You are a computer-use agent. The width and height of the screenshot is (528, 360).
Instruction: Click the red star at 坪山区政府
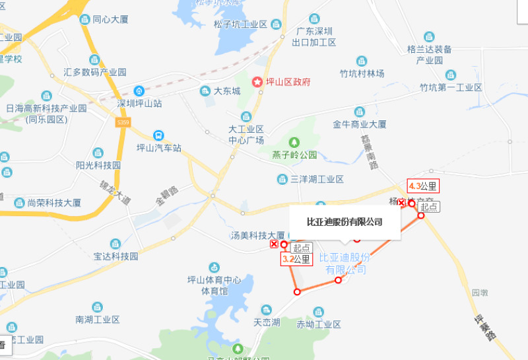(256, 82)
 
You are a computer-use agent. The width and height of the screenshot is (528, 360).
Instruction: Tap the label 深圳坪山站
(139, 103)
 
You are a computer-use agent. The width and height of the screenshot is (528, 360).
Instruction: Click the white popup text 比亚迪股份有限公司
(345, 221)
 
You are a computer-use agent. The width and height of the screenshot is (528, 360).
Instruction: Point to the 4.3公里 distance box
(423, 186)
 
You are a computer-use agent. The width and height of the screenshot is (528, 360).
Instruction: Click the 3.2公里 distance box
(296, 260)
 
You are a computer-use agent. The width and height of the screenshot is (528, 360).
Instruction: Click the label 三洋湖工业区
(317, 179)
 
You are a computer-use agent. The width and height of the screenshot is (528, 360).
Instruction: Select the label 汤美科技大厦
(257, 235)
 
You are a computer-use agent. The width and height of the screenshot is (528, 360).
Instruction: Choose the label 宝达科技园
(115, 256)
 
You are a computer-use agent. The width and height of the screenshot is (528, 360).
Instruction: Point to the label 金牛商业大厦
(359, 124)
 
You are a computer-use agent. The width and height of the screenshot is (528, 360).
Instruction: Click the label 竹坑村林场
(362, 73)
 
